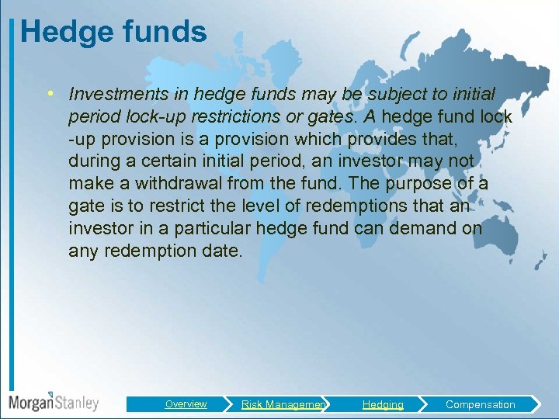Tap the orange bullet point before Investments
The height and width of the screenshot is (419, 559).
(49, 94)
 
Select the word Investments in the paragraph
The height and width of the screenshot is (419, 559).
(113, 95)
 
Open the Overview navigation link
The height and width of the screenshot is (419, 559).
(186, 404)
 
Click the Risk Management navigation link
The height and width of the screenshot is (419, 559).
(283, 404)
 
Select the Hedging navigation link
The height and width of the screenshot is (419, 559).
(383, 404)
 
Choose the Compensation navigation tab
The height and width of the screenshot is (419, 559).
(480, 404)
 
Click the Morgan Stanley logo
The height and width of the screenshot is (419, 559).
(54, 403)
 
